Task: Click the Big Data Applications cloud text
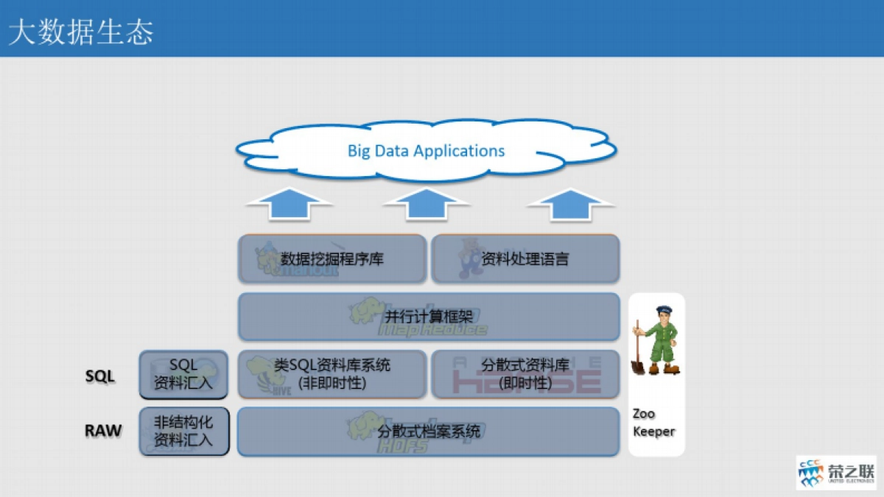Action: pyautogui.click(x=426, y=151)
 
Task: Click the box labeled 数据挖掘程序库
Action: pyautogui.click(x=332, y=258)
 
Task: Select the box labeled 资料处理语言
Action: pyautogui.click(x=525, y=258)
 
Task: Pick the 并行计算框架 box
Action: pyautogui.click(x=428, y=317)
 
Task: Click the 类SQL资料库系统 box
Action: pyautogui.click(x=332, y=373)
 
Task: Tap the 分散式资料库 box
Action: pyautogui.click(x=525, y=373)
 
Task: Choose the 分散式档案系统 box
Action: pyautogui.click(x=428, y=431)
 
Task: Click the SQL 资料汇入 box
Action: pyautogui.click(x=183, y=374)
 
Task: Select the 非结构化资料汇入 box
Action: pyautogui.click(x=183, y=431)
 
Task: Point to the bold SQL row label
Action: pyautogui.click(x=100, y=376)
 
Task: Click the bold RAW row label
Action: pyautogui.click(x=103, y=431)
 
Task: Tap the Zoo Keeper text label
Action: pyautogui.click(x=653, y=423)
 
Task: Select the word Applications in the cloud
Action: pyautogui.click(x=459, y=151)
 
